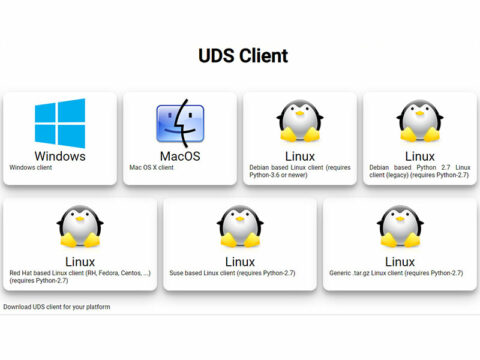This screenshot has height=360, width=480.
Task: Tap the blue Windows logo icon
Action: click(60, 122)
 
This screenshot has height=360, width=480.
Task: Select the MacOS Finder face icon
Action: click(179, 123)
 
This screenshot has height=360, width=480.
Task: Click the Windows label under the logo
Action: click(60, 156)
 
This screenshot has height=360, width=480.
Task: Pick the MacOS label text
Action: click(179, 156)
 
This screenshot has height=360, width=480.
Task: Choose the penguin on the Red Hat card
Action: click(80, 227)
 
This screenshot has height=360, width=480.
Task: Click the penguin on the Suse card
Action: click(240, 227)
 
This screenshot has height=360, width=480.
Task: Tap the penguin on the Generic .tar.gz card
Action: click(400, 227)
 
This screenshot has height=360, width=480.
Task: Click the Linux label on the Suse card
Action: click(240, 261)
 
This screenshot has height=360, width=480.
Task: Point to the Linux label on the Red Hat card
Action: click(80, 261)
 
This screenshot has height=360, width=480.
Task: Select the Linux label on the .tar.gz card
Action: click(400, 261)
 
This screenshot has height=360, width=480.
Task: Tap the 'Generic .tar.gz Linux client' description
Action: click(395, 273)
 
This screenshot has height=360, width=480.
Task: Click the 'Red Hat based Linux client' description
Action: click(80, 276)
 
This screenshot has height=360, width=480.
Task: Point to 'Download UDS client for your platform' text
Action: click(56, 306)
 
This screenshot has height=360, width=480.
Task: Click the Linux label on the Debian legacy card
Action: click(419, 156)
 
